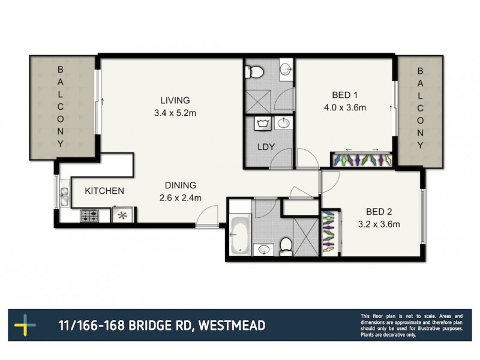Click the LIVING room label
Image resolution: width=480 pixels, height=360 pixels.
tap(175, 100)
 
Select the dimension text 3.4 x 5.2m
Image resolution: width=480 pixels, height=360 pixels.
tap(175, 112)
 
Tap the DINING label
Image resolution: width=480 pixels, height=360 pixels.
tap(181, 185)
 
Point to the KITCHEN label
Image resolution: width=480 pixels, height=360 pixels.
tap(104, 191)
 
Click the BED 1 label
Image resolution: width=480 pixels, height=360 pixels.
tap(344, 95)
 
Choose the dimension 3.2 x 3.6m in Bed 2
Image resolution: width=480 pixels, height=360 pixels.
tap(379, 224)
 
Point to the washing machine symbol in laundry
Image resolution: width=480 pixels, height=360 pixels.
tap(260, 125)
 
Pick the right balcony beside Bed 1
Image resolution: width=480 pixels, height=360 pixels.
tap(420, 108)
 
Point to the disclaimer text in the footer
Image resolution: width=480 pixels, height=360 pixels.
tap(411, 325)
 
